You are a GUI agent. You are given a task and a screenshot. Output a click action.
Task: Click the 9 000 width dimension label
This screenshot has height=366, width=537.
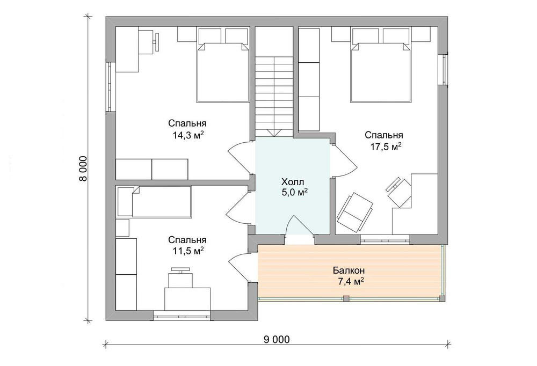[277, 339]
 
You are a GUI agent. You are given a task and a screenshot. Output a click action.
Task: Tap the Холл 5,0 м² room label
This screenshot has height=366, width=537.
[294, 187]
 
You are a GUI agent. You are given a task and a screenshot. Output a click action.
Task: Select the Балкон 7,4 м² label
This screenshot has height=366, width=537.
[349, 276]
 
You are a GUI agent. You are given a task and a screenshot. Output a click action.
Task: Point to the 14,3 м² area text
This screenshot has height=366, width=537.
[188, 135]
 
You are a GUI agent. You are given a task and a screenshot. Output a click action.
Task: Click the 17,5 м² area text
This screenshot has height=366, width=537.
[386, 147]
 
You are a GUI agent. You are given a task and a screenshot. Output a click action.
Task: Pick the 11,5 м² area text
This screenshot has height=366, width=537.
[188, 251]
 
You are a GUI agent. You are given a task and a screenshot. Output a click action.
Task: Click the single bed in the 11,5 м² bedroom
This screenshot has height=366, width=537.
[155, 201]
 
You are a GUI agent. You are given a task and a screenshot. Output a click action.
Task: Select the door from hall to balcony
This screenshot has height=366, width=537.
[299, 225]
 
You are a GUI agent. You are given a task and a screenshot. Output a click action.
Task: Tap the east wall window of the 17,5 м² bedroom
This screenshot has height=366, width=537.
[444, 69]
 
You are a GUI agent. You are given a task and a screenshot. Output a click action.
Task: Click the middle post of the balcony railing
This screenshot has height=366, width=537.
[346, 299]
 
